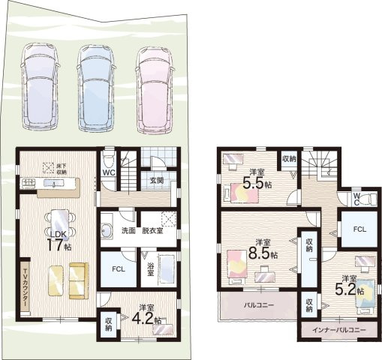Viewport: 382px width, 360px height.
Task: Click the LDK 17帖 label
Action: tap(59, 241)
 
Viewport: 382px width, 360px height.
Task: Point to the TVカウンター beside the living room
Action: tap(25, 286)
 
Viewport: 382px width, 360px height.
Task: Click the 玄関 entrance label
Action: tap(157, 180)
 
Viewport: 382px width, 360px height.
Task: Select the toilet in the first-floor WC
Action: tap(109, 159)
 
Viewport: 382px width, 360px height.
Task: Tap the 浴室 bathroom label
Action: tap(150, 268)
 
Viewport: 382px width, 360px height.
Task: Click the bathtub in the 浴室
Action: tap(167, 269)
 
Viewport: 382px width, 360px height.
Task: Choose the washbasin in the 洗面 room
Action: tap(107, 230)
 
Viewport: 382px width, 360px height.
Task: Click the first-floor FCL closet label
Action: tap(119, 269)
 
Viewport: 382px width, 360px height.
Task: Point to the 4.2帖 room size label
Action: tap(146, 319)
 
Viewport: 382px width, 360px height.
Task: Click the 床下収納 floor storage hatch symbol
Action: tap(48, 168)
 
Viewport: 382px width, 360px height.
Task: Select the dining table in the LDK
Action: tap(59, 223)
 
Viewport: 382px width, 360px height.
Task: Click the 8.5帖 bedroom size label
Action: tap(263, 253)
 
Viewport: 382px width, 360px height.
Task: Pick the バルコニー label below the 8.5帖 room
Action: tap(259, 305)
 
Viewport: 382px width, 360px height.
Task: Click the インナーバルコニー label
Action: tap(339, 330)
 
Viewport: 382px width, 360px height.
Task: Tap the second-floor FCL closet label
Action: tap(359, 229)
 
